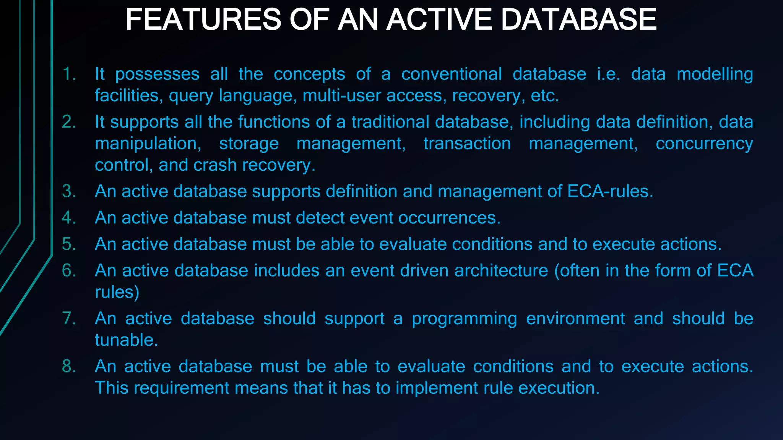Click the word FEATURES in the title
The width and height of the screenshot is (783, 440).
203,20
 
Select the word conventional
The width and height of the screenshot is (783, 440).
452,74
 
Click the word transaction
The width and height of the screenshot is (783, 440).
467,144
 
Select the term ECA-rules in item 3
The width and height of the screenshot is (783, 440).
610,191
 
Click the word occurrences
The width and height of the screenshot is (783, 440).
449,218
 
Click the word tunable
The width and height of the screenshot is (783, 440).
126,340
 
